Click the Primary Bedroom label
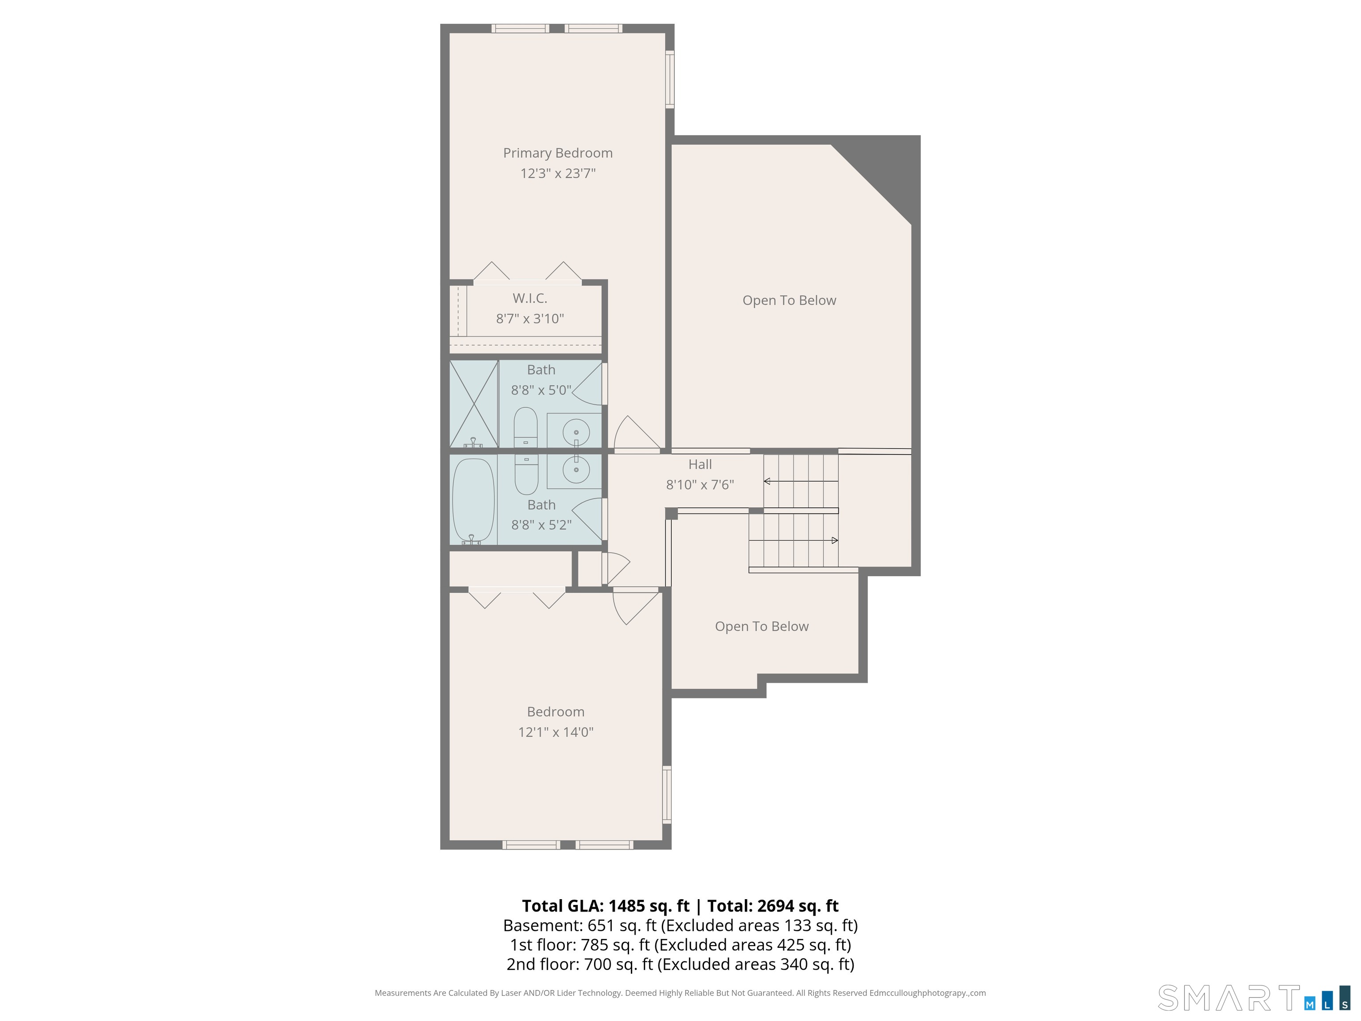coord(557,153)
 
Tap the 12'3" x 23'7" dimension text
coord(557,174)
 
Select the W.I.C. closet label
coord(530,299)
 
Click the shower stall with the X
coord(474,404)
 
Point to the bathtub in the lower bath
coord(473,500)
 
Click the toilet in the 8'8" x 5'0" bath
coord(525,427)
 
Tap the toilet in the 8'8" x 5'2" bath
coord(526,475)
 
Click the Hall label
coord(700,465)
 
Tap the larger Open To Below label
coord(789,300)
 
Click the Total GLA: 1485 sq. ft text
coord(606,906)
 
